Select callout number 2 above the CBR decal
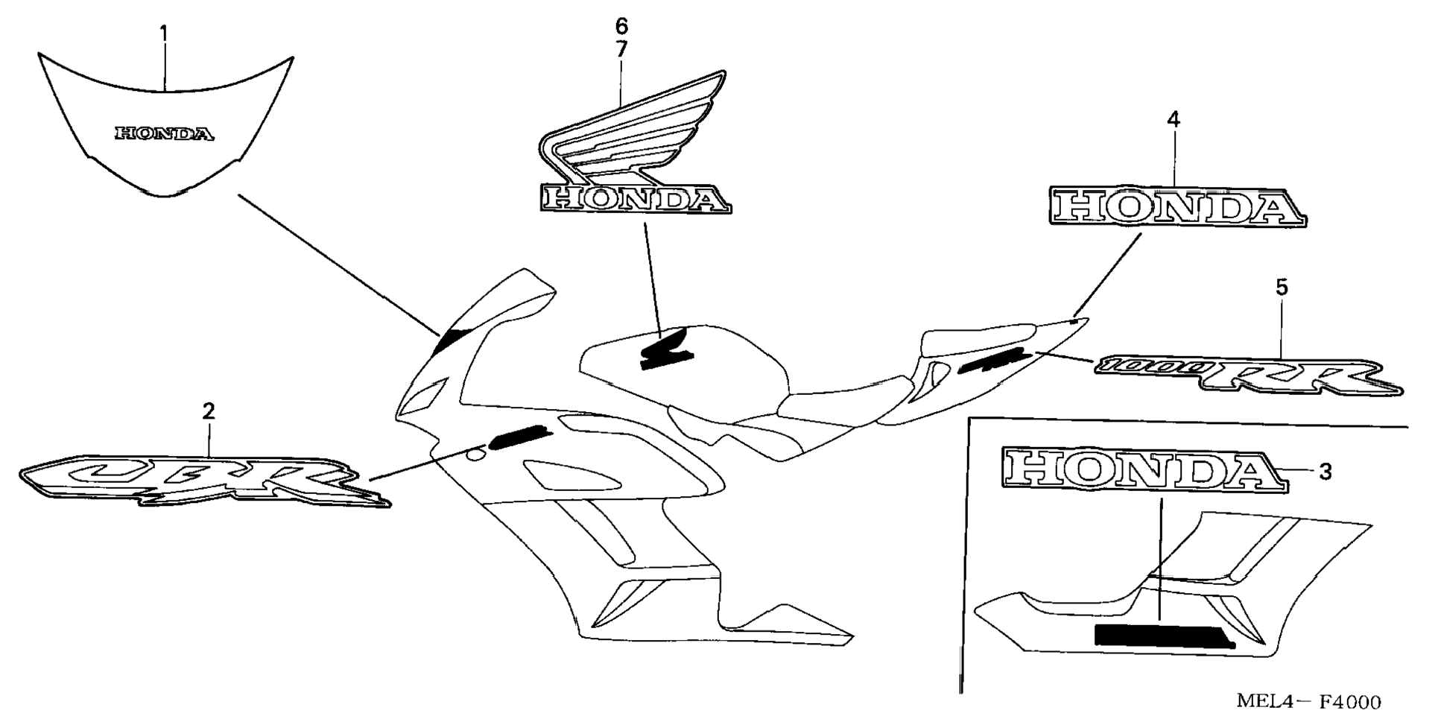pos(209,411)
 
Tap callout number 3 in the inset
pos(1325,471)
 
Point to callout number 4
pos(1174,119)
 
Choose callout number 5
pos(1282,287)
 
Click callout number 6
pos(621,27)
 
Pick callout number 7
pos(621,49)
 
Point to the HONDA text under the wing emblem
pos(635,199)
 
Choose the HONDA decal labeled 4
pos(1177,206)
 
